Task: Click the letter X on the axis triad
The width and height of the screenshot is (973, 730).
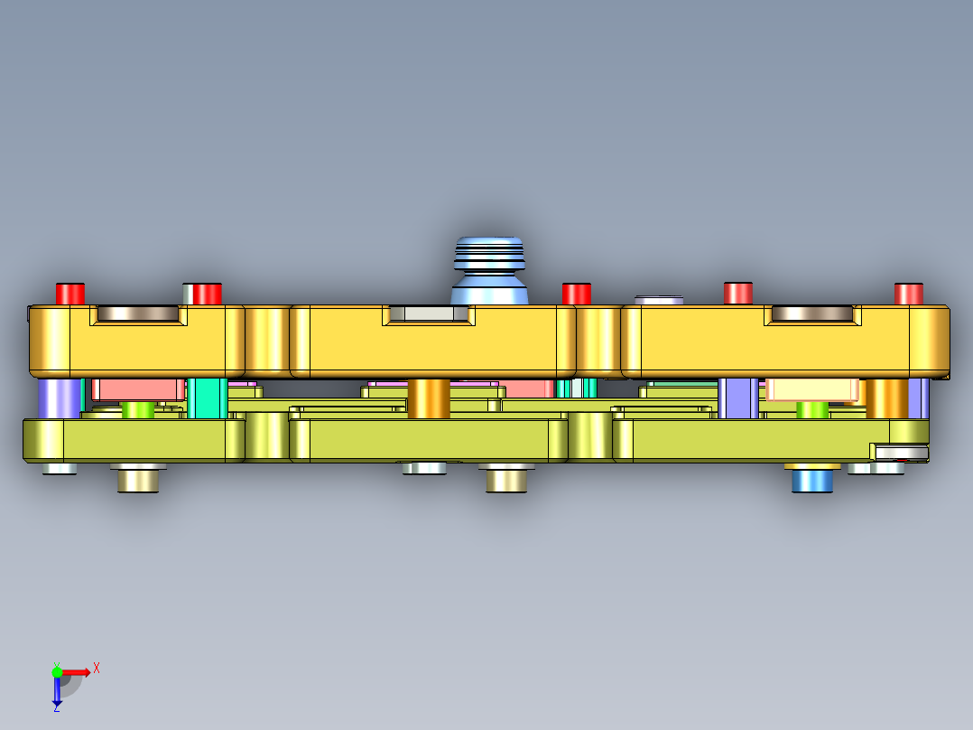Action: pos(97,668)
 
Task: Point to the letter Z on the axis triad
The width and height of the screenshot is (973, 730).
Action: pos(56,708)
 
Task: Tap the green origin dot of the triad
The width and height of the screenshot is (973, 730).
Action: pos(57,671)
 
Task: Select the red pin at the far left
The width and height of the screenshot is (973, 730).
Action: pos(69,294)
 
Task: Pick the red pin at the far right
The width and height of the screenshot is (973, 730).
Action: pos(908,294)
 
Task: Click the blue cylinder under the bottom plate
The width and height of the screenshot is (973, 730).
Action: pos(811,480)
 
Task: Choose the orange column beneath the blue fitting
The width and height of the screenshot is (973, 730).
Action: pos(429,398)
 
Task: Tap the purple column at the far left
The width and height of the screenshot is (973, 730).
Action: pos(60,398)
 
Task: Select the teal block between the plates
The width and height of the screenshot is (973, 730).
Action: pos(208,398)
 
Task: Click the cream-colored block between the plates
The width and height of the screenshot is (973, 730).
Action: pos(811,389)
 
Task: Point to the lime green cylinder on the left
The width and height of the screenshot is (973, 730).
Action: pos(137,410)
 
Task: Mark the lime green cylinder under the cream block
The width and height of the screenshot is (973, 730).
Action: pos(812,410)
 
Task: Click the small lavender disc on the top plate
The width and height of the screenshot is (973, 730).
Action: pos(659,299)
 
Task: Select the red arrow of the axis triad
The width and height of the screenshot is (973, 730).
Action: pos(77,671)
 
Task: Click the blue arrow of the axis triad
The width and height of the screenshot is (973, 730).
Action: pos(57,692)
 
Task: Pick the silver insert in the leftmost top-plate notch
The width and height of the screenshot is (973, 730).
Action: pos(137,314)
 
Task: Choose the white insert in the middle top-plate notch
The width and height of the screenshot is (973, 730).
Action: pos(429,314)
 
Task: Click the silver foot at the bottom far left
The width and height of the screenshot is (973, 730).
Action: pos(60,468)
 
